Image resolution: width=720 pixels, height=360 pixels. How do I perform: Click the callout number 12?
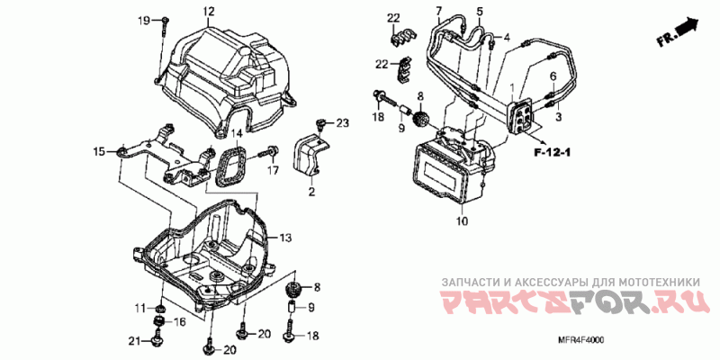coord(209,11)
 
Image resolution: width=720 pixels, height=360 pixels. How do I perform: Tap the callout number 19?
coord(144,20)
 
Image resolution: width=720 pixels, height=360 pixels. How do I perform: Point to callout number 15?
coord(99,151)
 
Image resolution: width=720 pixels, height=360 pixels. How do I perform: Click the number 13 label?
coord(284,238)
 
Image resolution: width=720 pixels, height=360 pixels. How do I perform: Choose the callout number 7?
coord(439,11)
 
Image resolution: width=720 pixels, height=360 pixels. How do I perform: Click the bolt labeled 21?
coord(158,340)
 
